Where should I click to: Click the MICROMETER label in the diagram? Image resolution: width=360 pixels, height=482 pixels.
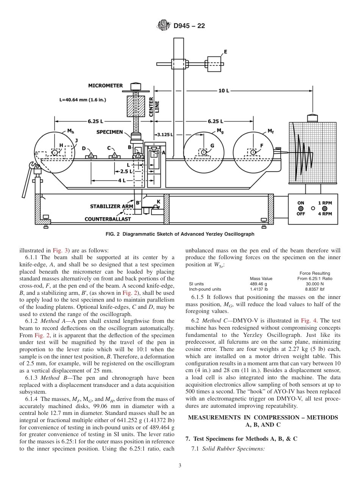coord(105,86)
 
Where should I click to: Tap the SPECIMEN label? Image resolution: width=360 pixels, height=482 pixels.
coord(109,132)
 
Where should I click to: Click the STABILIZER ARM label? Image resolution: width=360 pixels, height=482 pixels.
coord(111,207)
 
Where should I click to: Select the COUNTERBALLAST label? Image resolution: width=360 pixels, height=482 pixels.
coord(108,219)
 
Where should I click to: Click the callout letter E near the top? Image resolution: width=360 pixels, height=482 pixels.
coord(225,52)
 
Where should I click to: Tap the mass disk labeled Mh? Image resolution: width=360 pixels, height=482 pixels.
coord(55,152)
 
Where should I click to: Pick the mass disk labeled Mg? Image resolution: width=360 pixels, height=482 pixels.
coord(204,152)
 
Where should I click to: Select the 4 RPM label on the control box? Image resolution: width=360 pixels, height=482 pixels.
coord(325,214)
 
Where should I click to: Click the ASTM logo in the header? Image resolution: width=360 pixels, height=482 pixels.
coord(163,26)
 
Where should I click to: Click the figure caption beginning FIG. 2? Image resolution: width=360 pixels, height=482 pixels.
coord(180,234)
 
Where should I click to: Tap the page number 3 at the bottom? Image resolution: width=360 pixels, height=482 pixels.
coord(180,466)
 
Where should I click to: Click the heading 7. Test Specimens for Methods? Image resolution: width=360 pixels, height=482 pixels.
coord(241,439)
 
